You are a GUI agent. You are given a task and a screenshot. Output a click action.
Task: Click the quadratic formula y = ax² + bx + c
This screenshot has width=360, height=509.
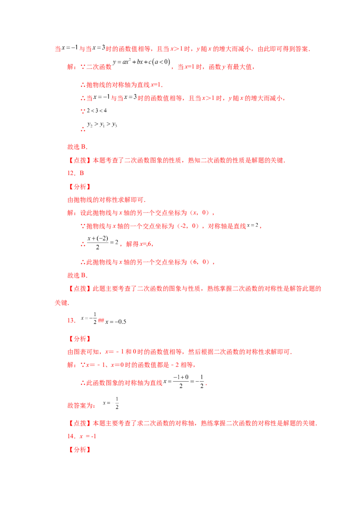141,62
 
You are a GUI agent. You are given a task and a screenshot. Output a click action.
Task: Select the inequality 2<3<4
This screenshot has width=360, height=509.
96,111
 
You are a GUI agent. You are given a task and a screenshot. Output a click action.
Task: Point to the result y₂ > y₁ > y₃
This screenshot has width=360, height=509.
102,125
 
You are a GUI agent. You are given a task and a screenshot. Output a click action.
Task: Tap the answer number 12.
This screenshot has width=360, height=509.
71,173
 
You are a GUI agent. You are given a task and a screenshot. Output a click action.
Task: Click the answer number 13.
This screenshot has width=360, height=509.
71,321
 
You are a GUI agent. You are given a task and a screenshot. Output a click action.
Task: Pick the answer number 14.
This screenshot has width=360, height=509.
71,436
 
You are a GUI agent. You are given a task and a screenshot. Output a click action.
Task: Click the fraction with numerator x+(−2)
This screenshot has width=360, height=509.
98,242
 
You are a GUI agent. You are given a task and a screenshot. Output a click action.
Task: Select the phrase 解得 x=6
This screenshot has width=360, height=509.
139,244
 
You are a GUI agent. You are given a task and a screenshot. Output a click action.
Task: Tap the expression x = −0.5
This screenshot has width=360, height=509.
116,321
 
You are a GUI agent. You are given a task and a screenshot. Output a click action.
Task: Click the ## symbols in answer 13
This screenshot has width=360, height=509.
101,321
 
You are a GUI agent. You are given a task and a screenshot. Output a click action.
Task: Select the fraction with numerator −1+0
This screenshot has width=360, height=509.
181,381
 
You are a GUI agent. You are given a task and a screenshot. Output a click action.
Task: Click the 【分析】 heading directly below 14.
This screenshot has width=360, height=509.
80,450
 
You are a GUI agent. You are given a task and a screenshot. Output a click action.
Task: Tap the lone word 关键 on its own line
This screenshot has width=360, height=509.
61,303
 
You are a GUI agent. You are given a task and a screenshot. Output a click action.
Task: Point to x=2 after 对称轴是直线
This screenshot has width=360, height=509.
252,225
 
